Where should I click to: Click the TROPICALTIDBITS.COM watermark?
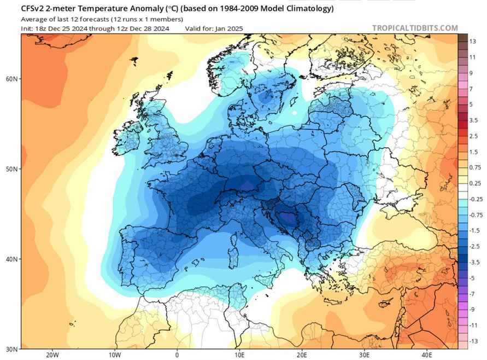[415, 28]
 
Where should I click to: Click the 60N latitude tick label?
[13, 79]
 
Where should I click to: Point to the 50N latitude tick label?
[13, 169]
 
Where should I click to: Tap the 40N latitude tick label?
[13, 259]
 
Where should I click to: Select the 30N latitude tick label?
[13, 349]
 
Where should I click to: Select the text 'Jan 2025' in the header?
[230, 28]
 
